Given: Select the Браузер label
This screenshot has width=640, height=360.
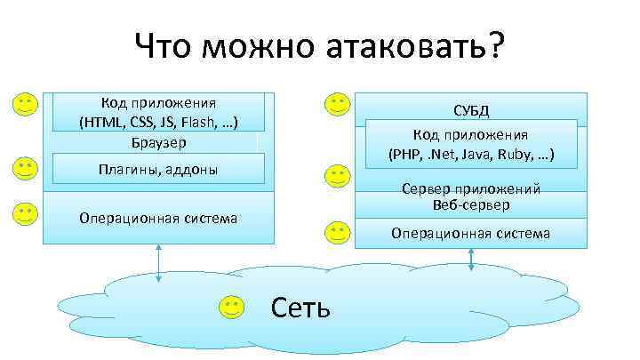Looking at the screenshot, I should tap(158, 141).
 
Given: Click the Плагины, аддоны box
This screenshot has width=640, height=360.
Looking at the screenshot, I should tap(158, 169).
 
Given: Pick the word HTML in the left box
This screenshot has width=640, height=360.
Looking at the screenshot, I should tap(101, 122).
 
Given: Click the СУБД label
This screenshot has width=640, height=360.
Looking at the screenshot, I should tap(471, 111).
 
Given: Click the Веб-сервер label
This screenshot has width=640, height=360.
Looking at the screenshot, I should tap(471, 205).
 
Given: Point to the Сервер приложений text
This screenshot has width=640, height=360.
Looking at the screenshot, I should tap(471, 189).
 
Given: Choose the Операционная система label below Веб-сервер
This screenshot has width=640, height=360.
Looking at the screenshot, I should tap(471, 234).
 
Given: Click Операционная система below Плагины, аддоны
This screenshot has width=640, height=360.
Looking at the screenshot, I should tap(158, 218).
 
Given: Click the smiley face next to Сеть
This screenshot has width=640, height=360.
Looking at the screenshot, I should tap(231, 308).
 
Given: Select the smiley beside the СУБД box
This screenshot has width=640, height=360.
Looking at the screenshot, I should tap(337, 105).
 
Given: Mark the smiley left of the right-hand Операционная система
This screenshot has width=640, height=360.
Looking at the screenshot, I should tap(337, 234).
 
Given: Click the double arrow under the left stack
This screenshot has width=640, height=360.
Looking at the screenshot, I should tap(158, 263).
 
